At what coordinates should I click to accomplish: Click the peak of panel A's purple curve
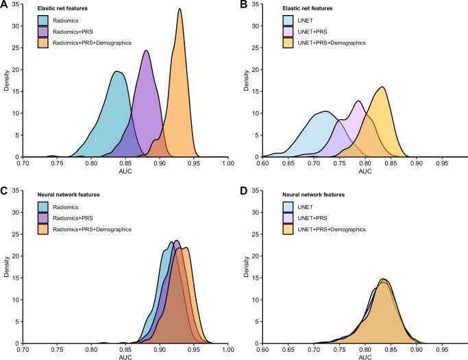(x=146, y=51)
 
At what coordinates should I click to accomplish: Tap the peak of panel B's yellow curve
(x=382, y=86)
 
